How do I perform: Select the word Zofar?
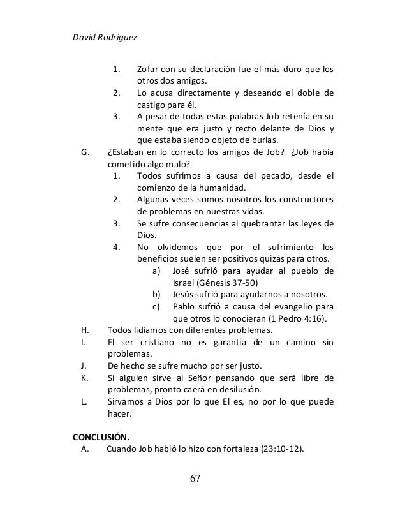pos(149,69)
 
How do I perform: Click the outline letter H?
pos(85,330)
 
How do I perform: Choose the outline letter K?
pos(85,378)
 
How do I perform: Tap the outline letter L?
pos(85,401)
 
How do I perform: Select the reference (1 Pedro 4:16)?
pos(281,318)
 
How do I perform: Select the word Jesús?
pos(185,294)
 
